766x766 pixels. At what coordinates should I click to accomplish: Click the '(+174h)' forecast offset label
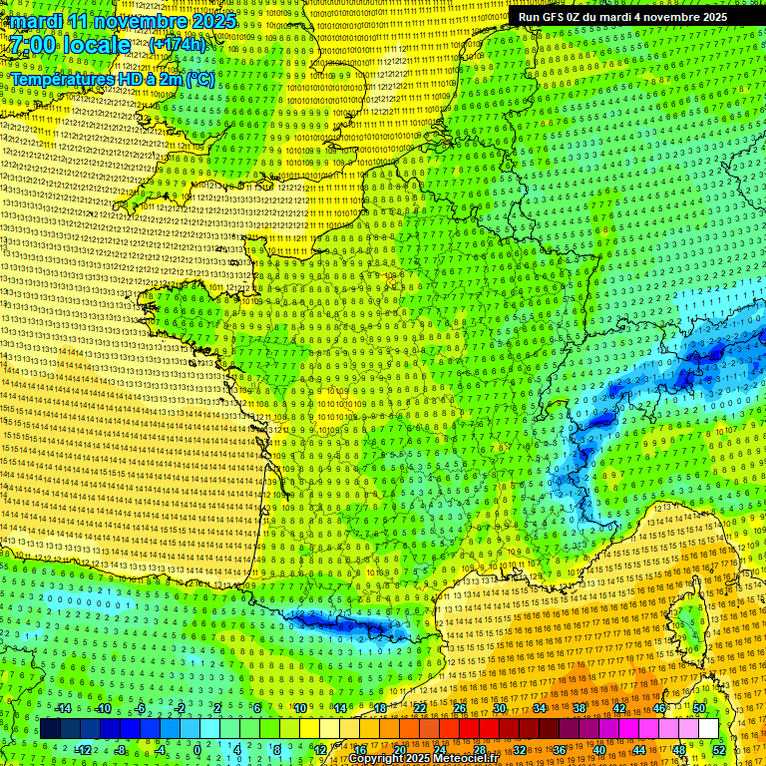coord(178,45)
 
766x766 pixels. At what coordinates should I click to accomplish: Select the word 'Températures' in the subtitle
coord(59,78)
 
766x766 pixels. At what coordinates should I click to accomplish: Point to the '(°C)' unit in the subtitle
coord(198,78)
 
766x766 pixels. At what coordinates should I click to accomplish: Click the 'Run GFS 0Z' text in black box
coord(554,17)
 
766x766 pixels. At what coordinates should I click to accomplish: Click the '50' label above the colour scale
coord(699,708)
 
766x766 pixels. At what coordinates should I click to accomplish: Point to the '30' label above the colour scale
coord(500,708)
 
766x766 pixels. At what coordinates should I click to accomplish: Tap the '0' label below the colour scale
coord(197,749)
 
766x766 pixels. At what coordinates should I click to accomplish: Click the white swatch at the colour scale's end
coord(708,729)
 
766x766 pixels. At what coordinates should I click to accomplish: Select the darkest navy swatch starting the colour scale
coord(50,729)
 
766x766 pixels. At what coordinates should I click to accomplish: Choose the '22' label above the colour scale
coord(420,708)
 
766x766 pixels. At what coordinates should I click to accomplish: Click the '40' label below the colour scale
coord(600,749)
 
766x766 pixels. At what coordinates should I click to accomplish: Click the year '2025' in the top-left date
coord(212,21)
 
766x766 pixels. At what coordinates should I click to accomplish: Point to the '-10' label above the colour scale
coord(102,708)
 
